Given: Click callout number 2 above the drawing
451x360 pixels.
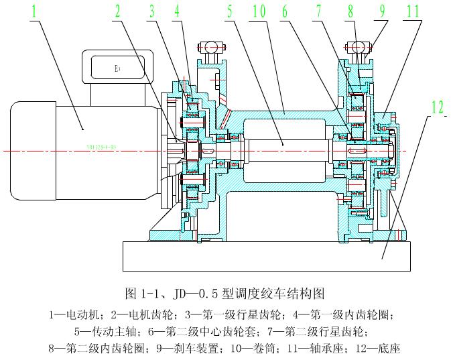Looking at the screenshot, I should point(118,11).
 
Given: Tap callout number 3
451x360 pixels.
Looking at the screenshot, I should point(152,11).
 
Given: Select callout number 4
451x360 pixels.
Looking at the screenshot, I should point(176,11).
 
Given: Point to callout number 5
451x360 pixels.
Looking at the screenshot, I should point(229,11).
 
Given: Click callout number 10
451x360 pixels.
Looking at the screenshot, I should point(261,11).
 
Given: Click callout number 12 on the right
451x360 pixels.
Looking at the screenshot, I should point(438,106).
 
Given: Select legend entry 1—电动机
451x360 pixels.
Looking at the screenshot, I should point(76,314).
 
